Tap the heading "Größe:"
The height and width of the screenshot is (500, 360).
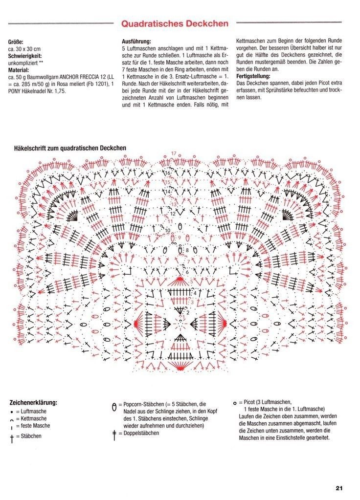pyautogui.click(x=16, y=42)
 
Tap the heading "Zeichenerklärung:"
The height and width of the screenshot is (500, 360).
pyautogui.click(x=33, y=403)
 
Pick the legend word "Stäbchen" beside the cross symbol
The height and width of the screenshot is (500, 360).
pyautogui.click(x=30, y=435)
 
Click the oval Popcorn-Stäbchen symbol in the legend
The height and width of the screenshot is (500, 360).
pyautogui.click(x=114, y=406)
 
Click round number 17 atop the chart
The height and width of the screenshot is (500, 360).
pyautogui.click(x=174, y=154)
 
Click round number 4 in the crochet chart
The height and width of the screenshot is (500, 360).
pyautogui.click(x=195, y=293)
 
